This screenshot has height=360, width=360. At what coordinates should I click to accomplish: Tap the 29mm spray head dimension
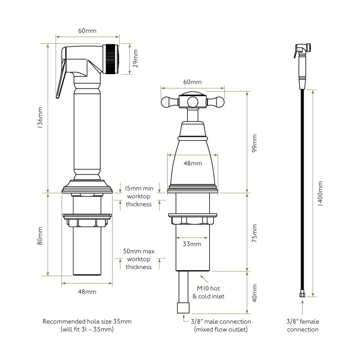coord(135,58)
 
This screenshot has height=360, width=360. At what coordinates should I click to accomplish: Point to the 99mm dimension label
coord(254,143)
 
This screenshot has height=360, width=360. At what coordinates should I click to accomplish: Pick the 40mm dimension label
coord(254,293)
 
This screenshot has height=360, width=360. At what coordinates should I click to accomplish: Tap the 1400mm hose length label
coord(320,193)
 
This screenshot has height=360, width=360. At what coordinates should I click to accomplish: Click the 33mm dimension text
coord(192,244)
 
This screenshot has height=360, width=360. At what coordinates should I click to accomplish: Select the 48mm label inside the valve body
coord(193,163)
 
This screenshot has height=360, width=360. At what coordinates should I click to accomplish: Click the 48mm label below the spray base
coord(87,292)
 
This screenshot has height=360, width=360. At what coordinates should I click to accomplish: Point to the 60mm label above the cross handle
coord(192,82)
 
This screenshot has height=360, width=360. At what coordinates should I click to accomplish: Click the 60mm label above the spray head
coord(87,31)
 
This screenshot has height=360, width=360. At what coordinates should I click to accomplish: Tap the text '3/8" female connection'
coord(303,325)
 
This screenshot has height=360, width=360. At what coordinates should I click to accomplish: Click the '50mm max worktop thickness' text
coord(139,259)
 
